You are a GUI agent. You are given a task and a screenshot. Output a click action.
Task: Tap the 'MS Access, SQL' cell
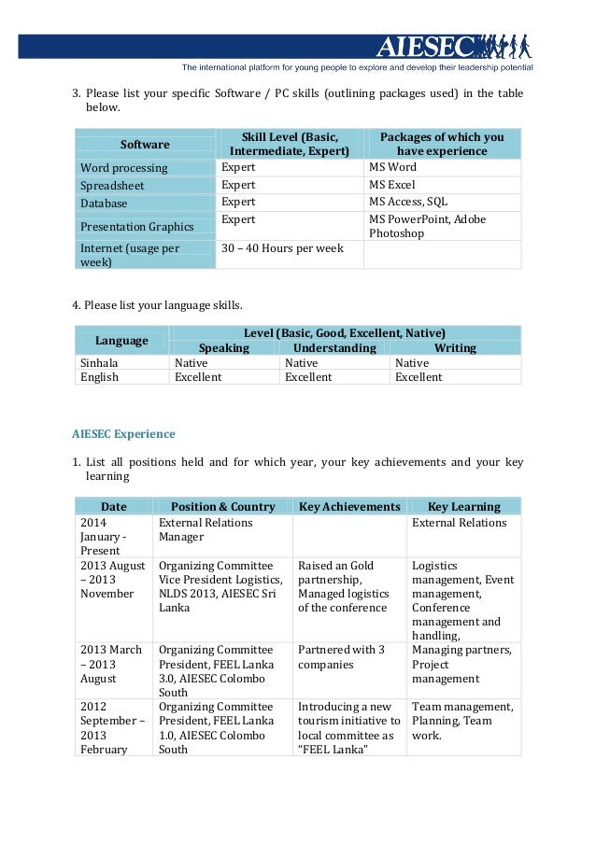[x=408, y=203]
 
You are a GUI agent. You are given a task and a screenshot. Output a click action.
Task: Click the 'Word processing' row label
[x=124, y=168]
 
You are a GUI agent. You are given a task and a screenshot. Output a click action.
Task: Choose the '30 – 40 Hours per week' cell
[x=281, y=248]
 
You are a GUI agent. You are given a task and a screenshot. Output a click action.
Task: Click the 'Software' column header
[x=145, y=145]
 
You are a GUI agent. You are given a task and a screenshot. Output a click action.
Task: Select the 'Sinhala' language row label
[x=99, y=362]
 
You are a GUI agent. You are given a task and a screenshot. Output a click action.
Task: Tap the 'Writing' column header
[x=456, y=348]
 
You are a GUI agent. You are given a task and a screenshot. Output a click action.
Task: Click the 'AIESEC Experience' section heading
[x=123, y=434]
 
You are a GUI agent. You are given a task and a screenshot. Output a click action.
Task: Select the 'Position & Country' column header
[x=223, y=507]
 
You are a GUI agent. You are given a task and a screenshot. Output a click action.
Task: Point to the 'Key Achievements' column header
[x=349, y=507]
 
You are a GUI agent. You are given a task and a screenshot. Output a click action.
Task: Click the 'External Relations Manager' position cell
[x=206, y=530]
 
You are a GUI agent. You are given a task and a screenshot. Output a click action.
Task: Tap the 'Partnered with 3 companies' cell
[x=341, y=657]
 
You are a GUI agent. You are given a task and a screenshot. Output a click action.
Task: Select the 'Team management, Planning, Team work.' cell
[x=462, y=721]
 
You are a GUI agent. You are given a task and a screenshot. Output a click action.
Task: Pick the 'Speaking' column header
[x=224, y=348]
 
